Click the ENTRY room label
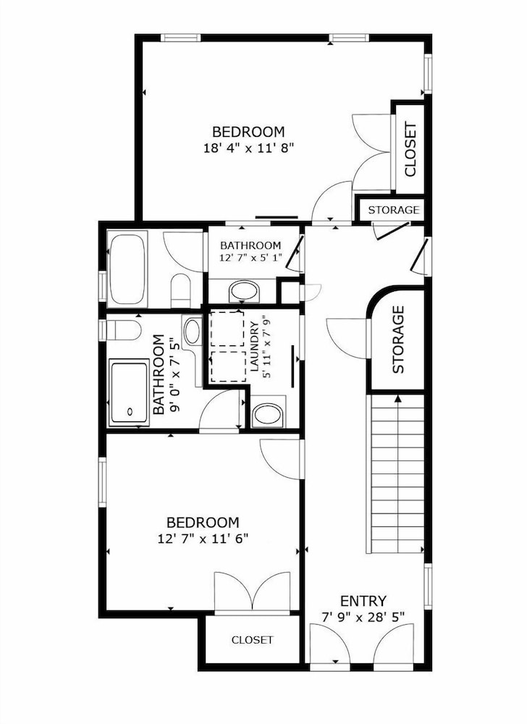click(x=363, y=601)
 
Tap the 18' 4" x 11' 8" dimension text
click(x=249, y=148)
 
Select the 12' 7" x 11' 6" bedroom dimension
click(x=203, y=539)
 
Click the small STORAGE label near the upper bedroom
click(x=394, y=210)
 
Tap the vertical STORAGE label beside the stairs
click(x=398, y=340)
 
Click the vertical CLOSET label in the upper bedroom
click(x=410, y=149)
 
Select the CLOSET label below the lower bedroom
click(x=252, y=640)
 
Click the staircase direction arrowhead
click(x=398, y=399)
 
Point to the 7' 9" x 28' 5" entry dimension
click(x=363, y=616)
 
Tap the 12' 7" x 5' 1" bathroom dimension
click(x=250, y=258)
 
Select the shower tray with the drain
click(x=130, y=394)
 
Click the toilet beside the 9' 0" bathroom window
click(x=123, y=329)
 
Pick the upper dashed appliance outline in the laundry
click(x=227, y=329)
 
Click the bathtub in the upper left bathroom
click(x=127, y=269)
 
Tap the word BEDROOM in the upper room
click(x=249, y=132)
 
